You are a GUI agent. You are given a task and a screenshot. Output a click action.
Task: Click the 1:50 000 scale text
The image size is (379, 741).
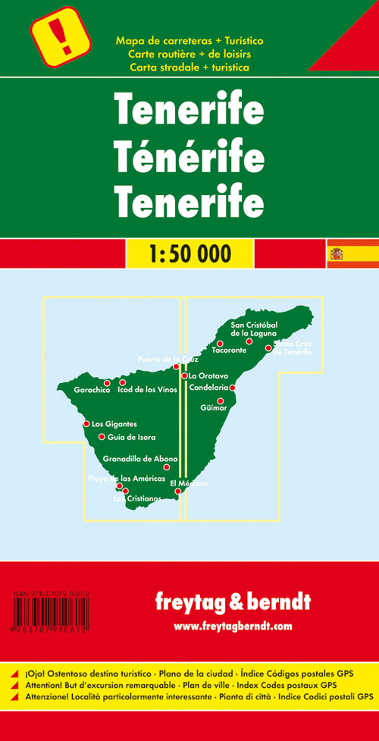pyautogui.click(x=189, y=253)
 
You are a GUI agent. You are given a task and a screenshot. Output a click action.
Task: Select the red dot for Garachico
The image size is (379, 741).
pyautogui.click(x=107, y=383)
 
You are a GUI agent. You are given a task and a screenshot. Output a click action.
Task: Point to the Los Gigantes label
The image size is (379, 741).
pyautogui.click(x=120, y=424)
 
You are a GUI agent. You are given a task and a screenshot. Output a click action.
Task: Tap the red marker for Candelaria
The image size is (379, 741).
pyautogui.click(x=233, y=388)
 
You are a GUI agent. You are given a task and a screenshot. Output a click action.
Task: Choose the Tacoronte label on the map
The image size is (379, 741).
pyautogui.click(x=228, y=351)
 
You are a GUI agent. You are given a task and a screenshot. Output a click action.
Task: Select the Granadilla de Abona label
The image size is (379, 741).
pyautogui.click(x=140, y=459)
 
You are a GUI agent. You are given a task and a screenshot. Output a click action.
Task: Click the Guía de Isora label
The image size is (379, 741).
pyautogui.click(x=133, y=437)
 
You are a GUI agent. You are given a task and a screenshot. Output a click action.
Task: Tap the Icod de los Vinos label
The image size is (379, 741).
pyautogui.click(x=153, y=390)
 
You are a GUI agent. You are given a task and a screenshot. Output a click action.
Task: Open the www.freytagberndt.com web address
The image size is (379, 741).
pyautogui.click(x=233, y=626)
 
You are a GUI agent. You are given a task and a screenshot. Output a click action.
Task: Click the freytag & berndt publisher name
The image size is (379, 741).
pyautogui.click(x=232, y=603)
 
